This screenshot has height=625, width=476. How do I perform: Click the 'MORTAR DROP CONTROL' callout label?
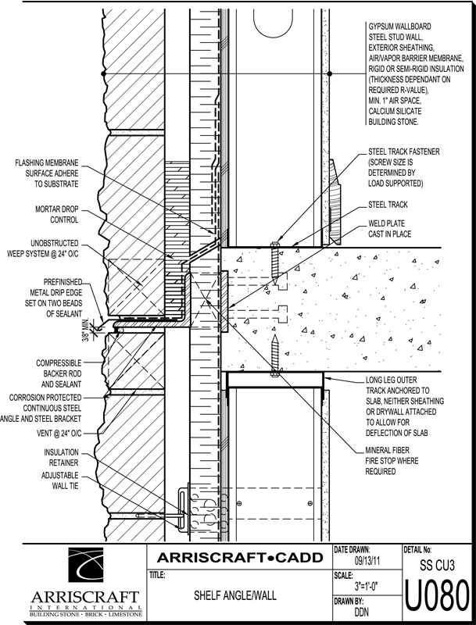53,215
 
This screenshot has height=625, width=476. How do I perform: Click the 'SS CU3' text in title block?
437,562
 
